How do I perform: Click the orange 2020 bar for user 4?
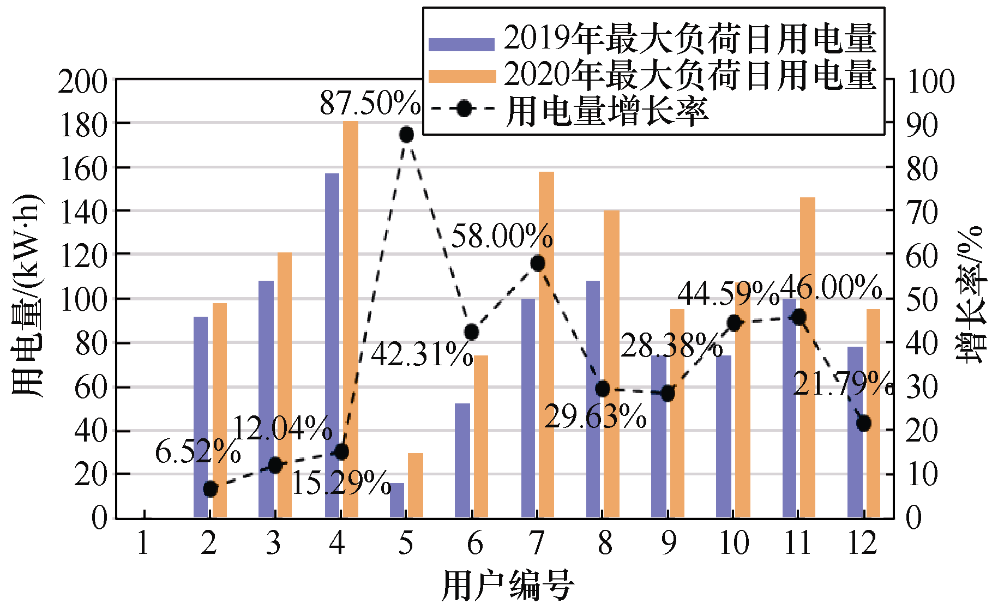[x=351, y=319]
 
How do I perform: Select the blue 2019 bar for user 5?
[x=397, y=500]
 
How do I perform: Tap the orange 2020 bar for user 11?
[x=808, y=357]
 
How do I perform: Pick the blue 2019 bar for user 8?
[x=593, y=399]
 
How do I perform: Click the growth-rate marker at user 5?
[x=406, y=135]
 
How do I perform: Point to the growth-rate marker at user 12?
[x=863, y=423]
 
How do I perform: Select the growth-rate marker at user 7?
[x=537, y=263]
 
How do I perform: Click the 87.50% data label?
[x=370, y=102]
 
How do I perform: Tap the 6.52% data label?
[x=197, y=451]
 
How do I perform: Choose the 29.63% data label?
[x=596, y=417]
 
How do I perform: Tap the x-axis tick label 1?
[x=143, y=543]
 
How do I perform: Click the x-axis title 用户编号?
[x=507, y=586]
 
